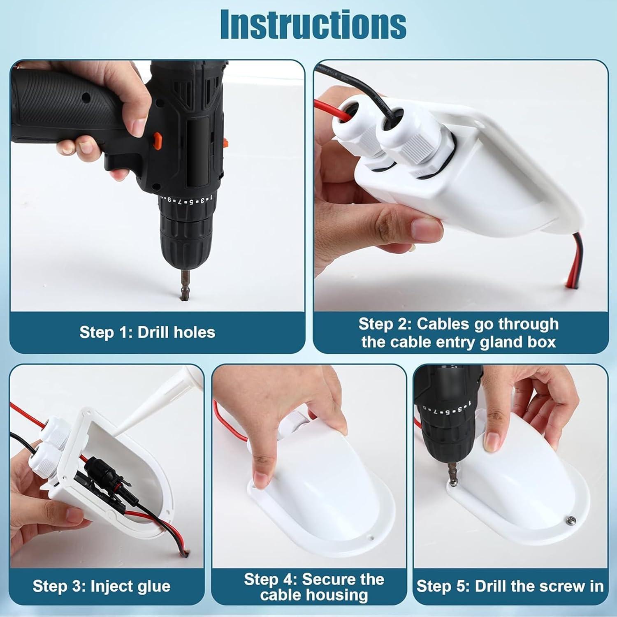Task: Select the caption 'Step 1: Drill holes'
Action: tap(147, 332)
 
